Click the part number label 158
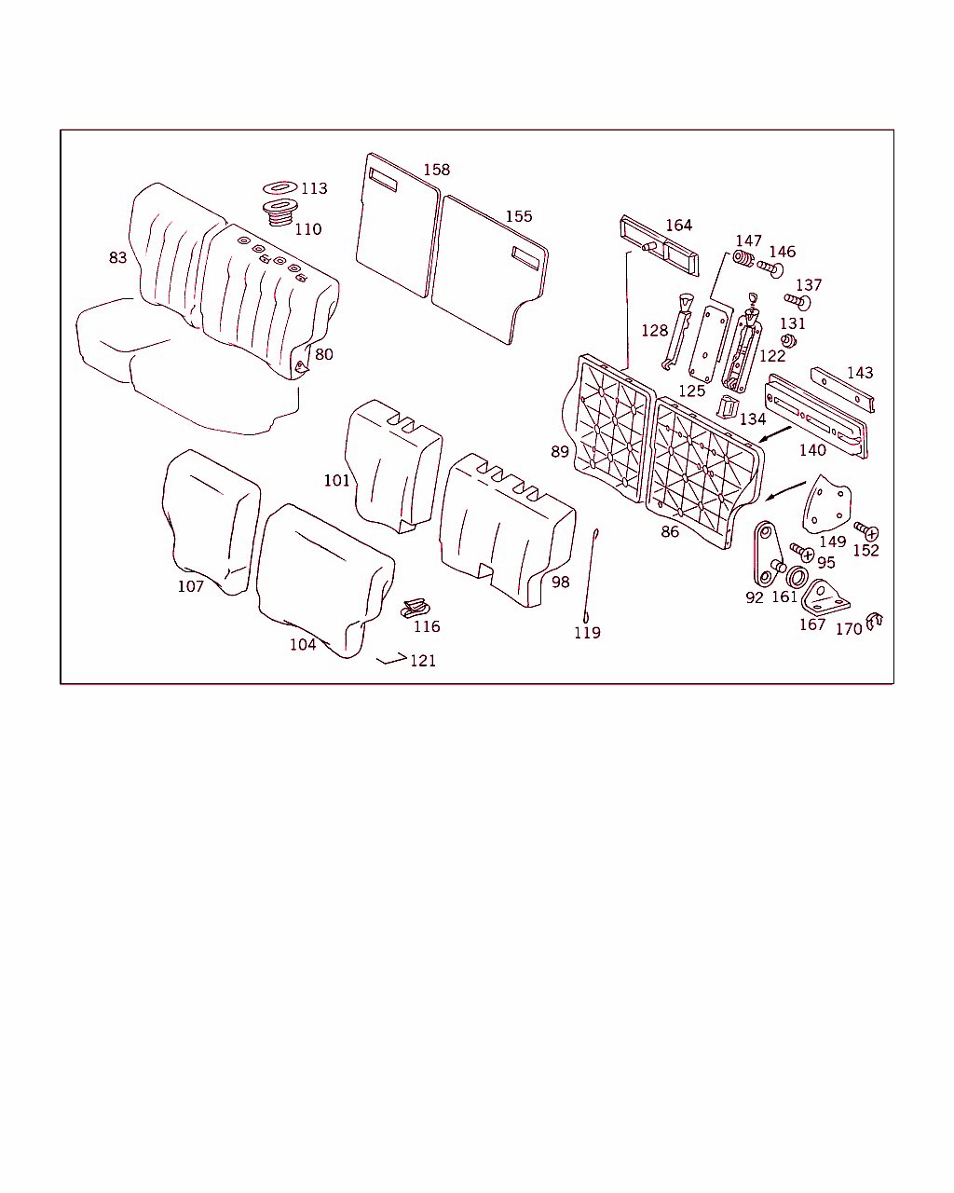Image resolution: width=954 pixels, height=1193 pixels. click(x=436, y=170)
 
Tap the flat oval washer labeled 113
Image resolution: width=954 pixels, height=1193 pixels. click(x=279, y=187)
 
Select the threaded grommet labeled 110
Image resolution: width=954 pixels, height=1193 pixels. click(x=279, y=213)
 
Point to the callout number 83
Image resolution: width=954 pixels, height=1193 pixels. click(x=117, y=257)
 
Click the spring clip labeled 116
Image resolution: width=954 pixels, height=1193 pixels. click(x=416, y=608)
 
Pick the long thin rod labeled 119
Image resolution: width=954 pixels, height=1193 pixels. click(x=591, y=575)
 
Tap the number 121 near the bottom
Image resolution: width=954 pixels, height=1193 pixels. click(x=423, y=661)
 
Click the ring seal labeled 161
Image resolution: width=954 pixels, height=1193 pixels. click(x=797, y=578)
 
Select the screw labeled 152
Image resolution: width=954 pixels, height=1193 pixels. click(x=865, y=530)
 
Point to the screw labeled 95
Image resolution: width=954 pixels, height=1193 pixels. click(x=802, y=552)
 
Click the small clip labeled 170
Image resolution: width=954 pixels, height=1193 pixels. click(x=874, y=621)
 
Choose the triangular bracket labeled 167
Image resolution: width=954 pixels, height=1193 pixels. click(x=825, y=597)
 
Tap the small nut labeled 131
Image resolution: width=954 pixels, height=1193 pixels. click(x=788, y=340)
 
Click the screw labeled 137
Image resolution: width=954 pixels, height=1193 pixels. click(x=797, y=302)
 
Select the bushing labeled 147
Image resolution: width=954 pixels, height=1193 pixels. click(x=743, y=258)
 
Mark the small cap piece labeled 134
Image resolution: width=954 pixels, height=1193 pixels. click(x=728, y=407)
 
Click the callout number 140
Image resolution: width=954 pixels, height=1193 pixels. click(x=812, y=450)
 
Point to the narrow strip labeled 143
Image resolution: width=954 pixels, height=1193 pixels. click(x=842, y=390)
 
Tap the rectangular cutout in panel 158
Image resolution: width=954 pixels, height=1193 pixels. click(x=383, y=180)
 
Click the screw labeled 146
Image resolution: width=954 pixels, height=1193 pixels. click(x=770, y=268)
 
